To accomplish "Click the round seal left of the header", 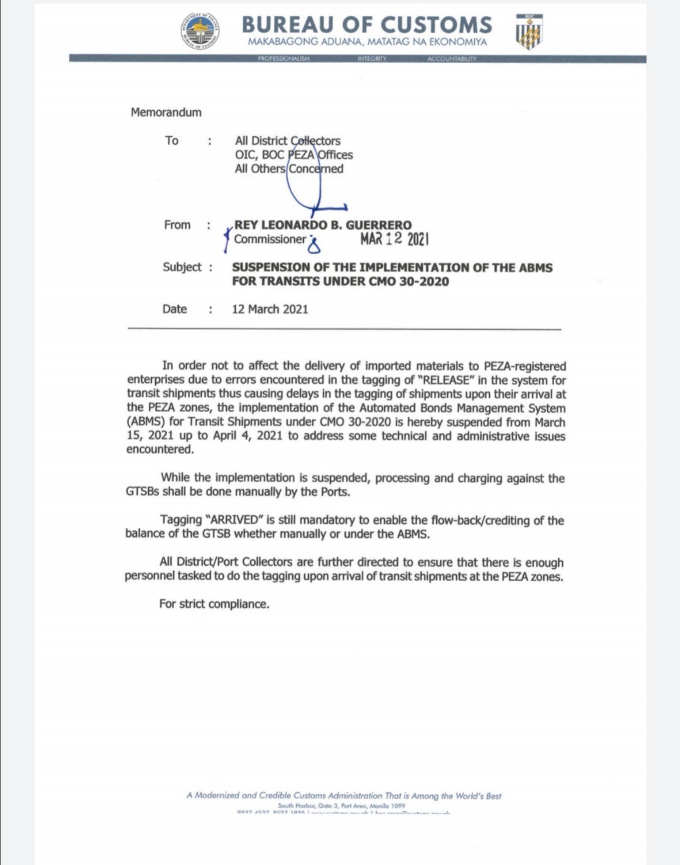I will pos(199,31).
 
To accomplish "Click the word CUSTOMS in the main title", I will pos(436,25).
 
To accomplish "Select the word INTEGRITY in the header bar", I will pos(372,58).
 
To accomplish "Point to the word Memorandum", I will pos(166,112).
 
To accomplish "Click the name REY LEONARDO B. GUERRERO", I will pos(323,225).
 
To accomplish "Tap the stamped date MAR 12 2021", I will pos(395,239).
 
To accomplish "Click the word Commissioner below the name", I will pos(270,239).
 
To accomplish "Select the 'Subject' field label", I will pos(182,267).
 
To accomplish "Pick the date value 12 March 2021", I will pos(270,309).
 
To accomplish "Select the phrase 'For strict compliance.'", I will pos(214,604).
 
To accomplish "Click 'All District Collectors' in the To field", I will pos(288,141).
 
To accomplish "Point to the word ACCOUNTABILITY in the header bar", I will pos(452,58).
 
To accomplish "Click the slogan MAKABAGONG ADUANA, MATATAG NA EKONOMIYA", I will pos(368,42).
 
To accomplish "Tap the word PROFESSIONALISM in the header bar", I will pos(284,58).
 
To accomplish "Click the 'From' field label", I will pos(177,225).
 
